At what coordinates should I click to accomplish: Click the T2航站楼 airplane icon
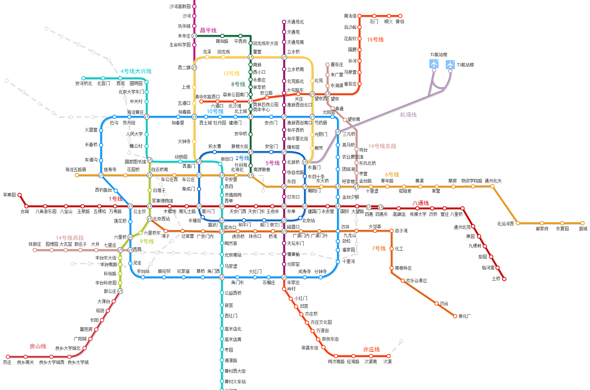[434, 64]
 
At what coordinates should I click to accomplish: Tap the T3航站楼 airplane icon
[450, 65]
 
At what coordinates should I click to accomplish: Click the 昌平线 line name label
[208, 31]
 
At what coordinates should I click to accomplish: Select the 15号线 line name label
[375, 40]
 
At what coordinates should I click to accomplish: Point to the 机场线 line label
[408, 115]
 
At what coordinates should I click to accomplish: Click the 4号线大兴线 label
[136, 71]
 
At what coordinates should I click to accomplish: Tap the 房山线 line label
[38, 346]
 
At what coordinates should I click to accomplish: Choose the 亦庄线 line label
[372, 350]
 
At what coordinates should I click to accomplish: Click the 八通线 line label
[421, 203]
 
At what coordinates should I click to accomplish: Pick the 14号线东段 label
[382, 146]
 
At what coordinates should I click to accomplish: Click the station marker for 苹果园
[20, 195]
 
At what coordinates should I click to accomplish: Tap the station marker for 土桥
[504, 279]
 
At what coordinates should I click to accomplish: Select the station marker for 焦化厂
[455, 316]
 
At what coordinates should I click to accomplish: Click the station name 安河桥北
[84, 84]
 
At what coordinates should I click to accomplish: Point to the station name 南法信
[350, 16]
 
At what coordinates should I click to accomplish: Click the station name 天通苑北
[295, 22]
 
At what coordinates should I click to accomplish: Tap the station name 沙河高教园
[180, 6]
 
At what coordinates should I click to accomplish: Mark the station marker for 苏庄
[8, 357]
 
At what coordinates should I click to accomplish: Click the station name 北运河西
[505, 224]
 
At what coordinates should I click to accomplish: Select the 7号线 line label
[379, 249]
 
